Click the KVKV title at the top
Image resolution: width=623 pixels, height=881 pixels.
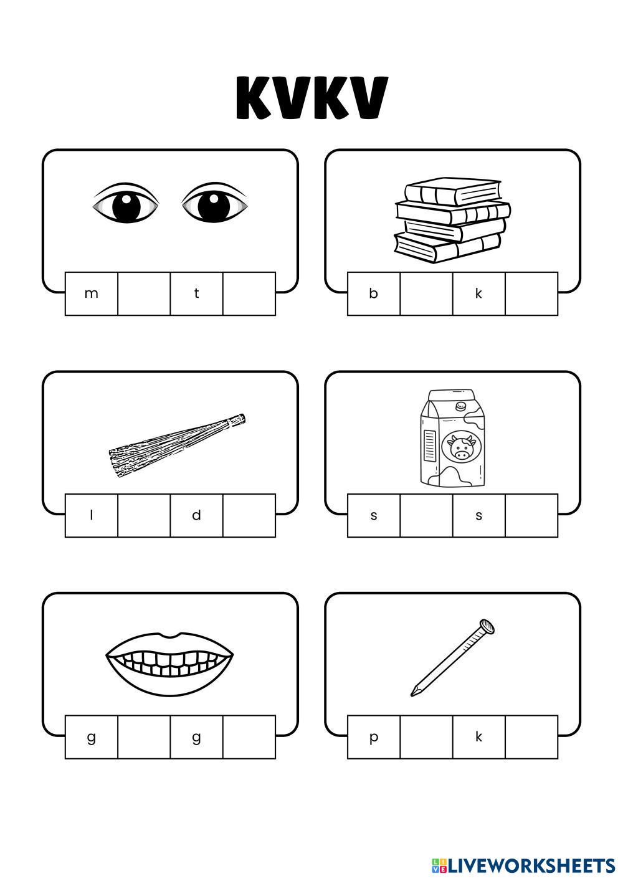point(312,97)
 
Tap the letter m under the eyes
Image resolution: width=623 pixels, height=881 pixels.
point(91,293)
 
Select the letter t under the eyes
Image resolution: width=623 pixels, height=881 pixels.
point(196,293)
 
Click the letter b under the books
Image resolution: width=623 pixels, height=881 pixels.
point(374,293)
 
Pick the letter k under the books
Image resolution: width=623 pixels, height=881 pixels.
point(478,293)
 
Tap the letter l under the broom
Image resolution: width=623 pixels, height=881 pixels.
point(91,515)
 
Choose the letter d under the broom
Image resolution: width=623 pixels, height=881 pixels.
point(196,515)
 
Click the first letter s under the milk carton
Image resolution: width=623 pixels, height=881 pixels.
point(374,516)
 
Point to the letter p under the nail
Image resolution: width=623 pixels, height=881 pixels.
point(374,738)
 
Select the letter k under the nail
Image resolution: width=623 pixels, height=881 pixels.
point(478,736)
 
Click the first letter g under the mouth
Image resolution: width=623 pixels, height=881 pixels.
point(91,738)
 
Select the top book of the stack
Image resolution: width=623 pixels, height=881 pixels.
point(453,191)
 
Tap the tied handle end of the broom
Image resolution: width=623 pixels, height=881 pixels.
point(237,420)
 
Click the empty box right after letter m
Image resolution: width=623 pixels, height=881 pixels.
point(144,293)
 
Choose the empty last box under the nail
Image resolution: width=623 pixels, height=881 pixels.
point(531,737)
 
